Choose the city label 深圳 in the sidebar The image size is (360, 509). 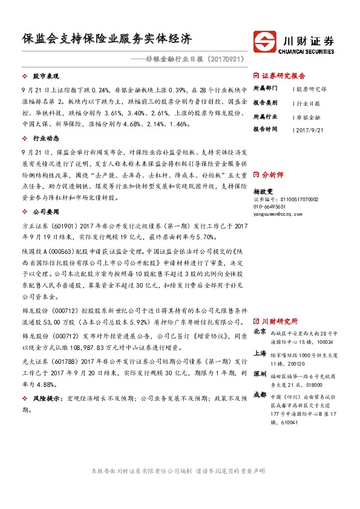coord(260,375)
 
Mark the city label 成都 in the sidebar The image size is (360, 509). coord(260,395)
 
